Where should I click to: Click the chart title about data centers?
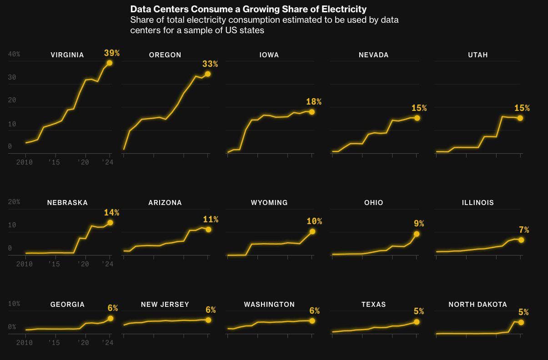point(248,9)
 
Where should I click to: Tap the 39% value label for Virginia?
point(112,53)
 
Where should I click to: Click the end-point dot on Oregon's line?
point(207,74)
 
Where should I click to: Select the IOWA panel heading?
point(269,55)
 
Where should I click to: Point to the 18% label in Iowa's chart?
point(314,102)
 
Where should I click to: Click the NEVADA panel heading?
point(373,55)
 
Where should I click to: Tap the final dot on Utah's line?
point(520,118)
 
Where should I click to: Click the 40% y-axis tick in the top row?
point(14,54)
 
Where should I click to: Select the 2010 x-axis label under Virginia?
point(24,162)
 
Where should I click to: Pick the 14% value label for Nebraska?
point(111,213)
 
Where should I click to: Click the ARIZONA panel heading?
point(165,203)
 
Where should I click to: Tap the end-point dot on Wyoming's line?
point(312,231)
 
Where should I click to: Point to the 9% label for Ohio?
point(419,224)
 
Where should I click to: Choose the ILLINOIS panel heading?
point(478,203)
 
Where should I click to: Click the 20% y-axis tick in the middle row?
point(14,202)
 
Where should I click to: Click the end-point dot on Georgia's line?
point(110,319)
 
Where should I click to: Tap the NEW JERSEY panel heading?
point(165,305)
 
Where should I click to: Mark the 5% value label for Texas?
point(419,311)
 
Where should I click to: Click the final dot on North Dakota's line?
point(521,322)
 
